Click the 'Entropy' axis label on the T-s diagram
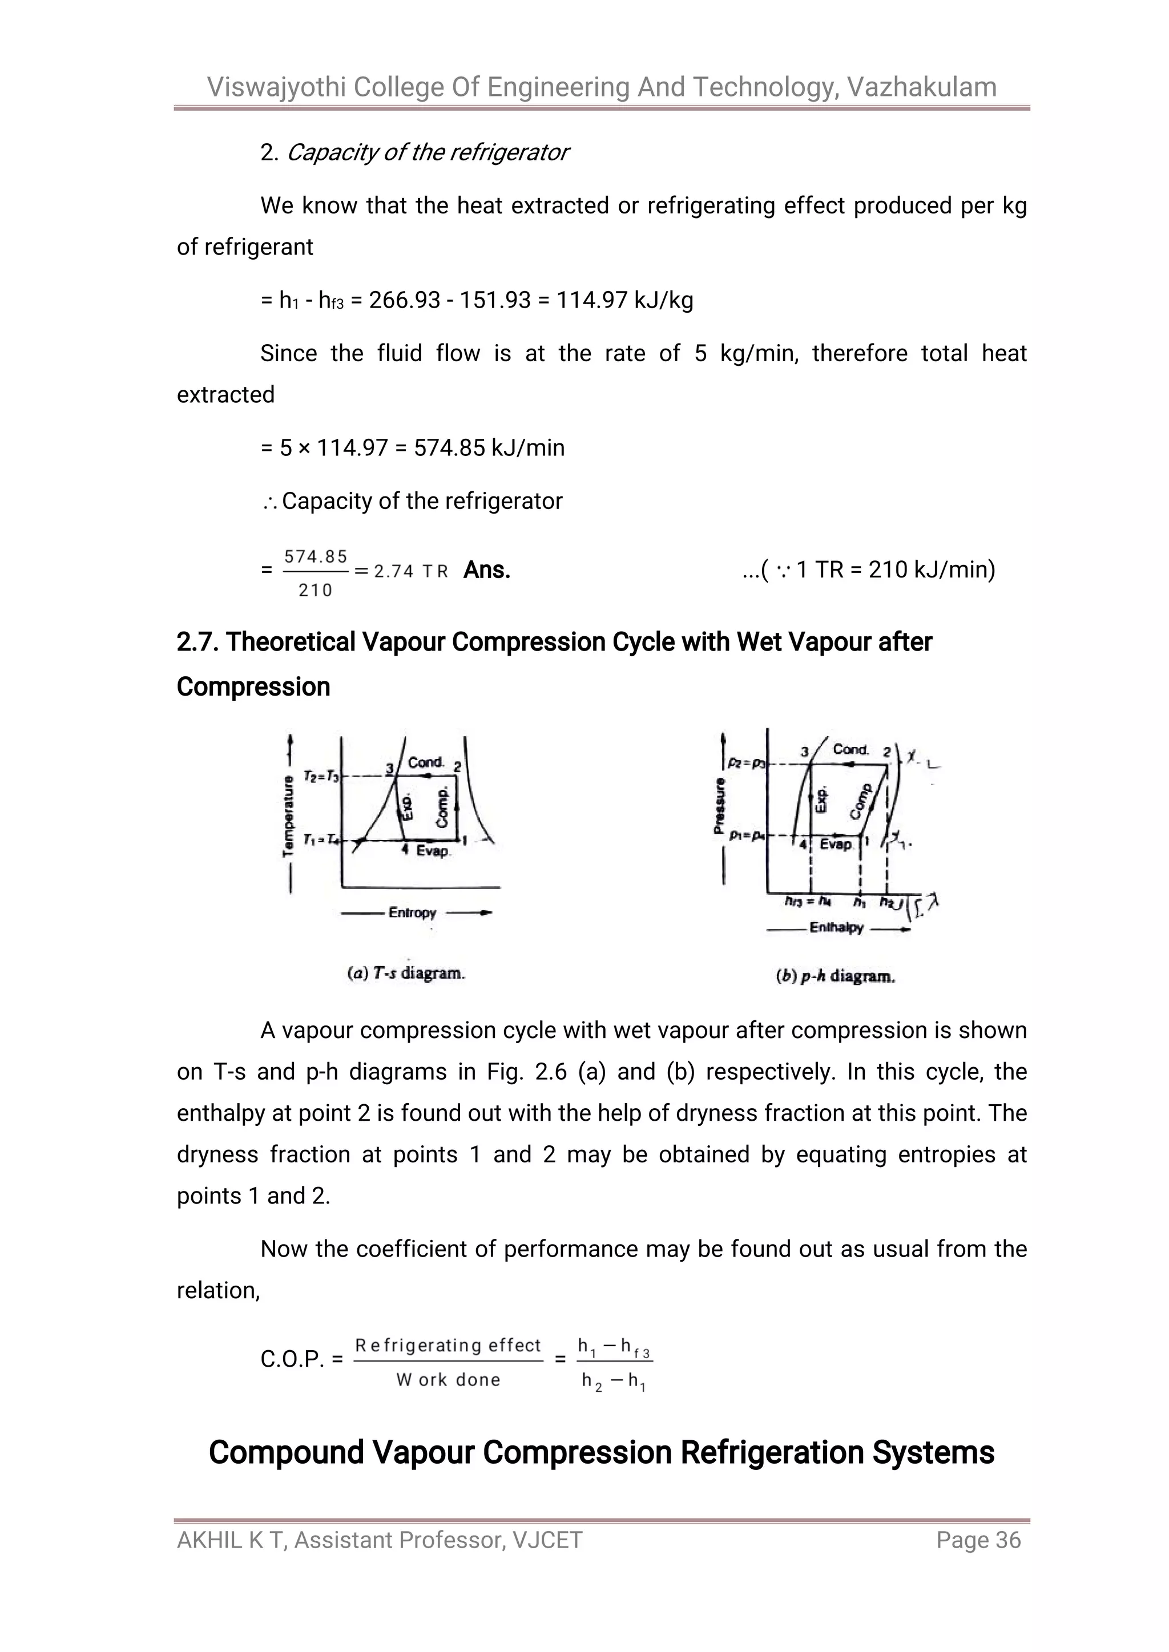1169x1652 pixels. pos(413,912)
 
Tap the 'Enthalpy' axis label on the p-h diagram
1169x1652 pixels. pos(836,927)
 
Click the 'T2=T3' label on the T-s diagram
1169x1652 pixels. pos(321,776)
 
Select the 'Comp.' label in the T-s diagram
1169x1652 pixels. pos(443,806)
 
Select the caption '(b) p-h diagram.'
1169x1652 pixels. pos(835,976)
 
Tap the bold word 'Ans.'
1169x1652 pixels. pos(487,570)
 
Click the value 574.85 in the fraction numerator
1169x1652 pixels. pos(316,557)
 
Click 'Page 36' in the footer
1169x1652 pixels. pos(978,1540)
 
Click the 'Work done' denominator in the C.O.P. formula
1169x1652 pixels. pos(448,1379)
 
